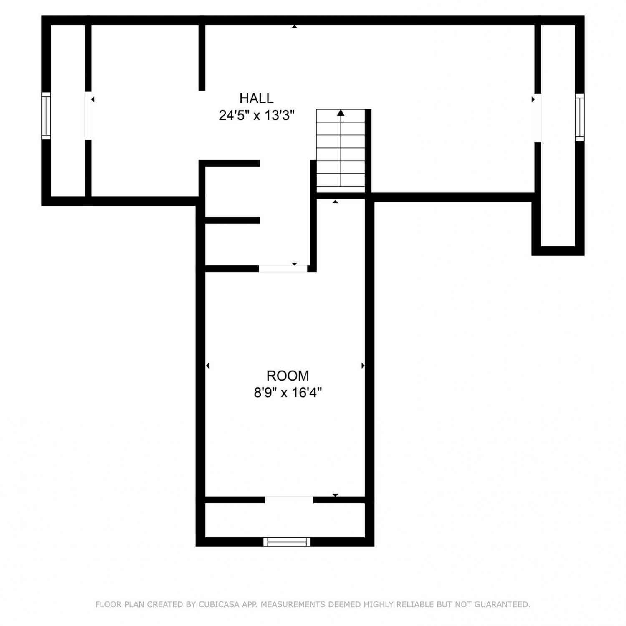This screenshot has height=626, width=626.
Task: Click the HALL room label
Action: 256,98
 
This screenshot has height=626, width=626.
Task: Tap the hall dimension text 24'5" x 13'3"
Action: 257,115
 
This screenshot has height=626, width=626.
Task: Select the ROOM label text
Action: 288,376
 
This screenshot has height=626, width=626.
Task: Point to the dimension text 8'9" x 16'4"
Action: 288,393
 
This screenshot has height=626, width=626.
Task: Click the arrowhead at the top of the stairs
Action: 341,113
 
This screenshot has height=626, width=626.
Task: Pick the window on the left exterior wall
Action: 46,116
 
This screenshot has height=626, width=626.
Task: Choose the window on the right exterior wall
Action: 580,117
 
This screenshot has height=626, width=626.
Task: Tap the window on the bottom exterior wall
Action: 287,542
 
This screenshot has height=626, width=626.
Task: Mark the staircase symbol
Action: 341,148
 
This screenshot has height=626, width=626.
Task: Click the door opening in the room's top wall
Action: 283,269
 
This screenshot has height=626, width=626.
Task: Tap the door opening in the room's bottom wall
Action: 289,500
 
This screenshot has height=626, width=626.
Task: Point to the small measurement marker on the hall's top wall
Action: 294,27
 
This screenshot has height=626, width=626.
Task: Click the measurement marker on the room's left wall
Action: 207,366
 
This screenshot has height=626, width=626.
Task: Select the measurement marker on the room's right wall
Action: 363,366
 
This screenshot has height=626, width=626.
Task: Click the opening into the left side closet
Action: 88,116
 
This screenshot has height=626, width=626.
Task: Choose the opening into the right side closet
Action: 538,118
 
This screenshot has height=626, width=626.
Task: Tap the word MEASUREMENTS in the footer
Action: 293,604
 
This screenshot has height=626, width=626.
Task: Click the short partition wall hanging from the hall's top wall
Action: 202,58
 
